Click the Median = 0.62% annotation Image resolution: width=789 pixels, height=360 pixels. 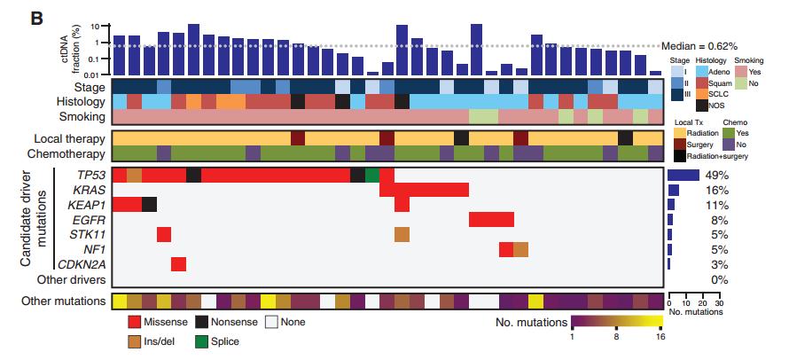point(699,46)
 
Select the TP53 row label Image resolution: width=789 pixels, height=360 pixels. point(91,176)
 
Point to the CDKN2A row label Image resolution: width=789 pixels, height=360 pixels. point(82,264)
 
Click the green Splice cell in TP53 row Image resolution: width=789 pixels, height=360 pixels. point(371,176)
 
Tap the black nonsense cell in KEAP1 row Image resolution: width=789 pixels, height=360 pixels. point(149,205)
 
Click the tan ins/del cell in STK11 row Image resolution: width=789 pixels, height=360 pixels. point(402,235)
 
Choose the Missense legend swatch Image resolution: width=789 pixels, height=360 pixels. point(133,321)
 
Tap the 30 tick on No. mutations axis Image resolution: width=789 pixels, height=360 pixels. point(719,303)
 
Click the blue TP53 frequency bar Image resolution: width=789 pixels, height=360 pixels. point(684,176)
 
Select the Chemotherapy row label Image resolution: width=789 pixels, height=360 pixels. point(70,153)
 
